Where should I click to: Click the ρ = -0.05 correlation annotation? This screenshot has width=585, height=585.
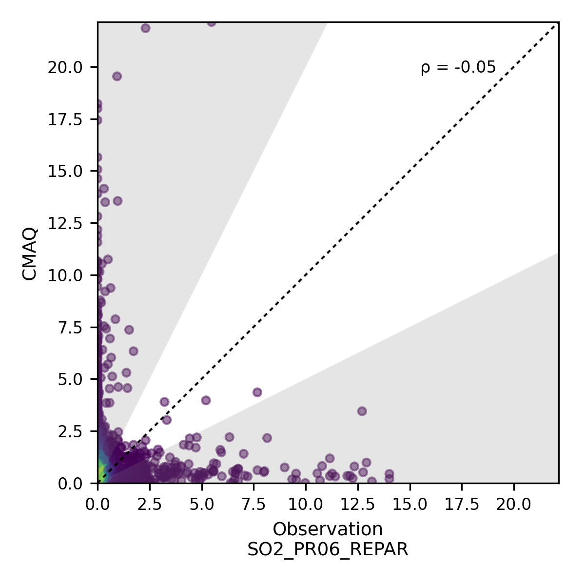458,68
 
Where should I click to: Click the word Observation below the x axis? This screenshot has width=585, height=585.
328,529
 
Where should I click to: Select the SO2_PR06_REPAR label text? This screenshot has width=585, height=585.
328,549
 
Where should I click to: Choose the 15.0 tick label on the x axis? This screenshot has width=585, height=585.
410,505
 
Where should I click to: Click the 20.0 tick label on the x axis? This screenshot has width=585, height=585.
514,505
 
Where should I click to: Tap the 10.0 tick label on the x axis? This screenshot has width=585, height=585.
306,505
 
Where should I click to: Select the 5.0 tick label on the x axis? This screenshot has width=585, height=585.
202,505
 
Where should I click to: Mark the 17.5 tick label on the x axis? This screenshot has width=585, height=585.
462,505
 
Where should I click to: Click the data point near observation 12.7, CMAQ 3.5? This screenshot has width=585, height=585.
362,411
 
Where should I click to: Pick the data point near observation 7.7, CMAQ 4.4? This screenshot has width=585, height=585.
257,392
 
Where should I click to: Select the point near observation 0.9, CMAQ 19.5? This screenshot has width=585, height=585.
117,76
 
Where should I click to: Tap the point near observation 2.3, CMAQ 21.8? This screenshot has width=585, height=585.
145,28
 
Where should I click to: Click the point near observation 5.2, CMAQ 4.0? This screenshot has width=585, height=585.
206,400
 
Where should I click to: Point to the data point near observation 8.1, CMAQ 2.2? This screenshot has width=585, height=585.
267,438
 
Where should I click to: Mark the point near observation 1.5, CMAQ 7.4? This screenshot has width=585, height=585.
129,330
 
